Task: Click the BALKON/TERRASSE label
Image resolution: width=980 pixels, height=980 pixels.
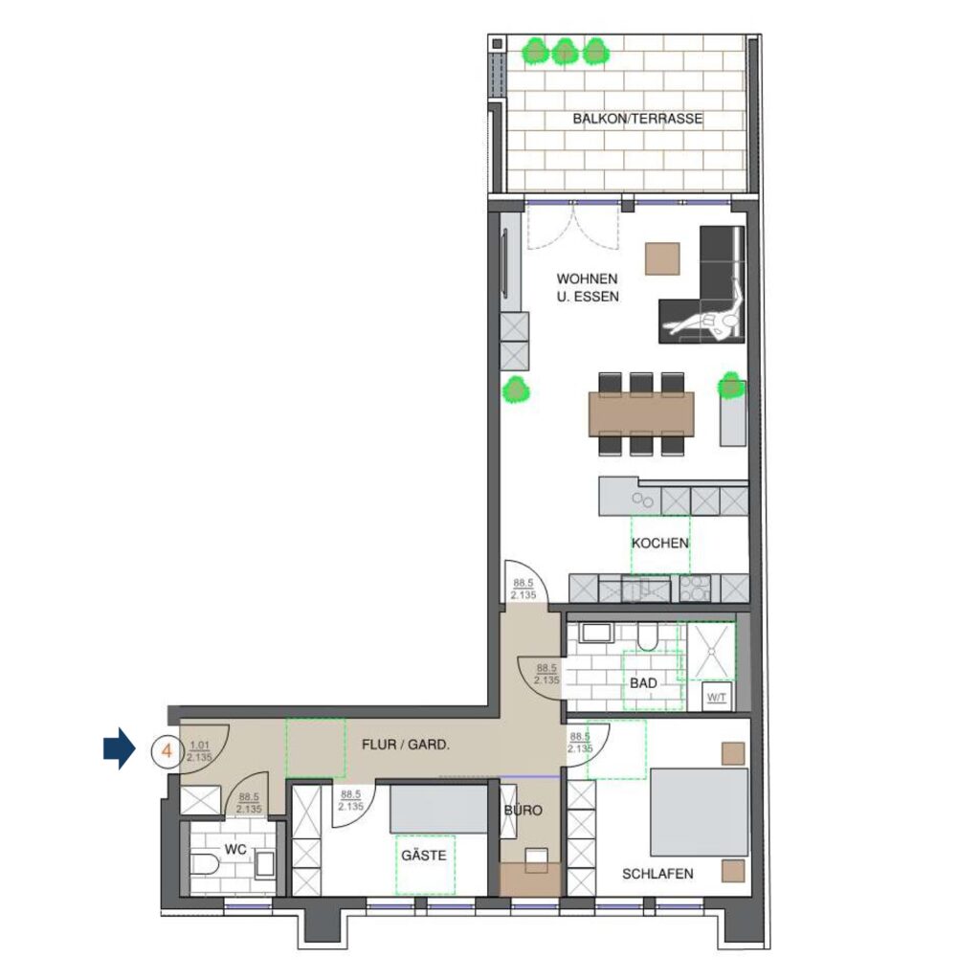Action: coord(637,119)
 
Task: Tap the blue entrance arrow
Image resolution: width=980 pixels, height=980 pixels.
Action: coord(119,748)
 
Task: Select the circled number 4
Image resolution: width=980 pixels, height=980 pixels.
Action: coord(167,750)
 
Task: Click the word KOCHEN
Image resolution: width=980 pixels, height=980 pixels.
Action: coord(660,543)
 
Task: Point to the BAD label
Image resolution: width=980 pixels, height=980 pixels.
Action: coord(643,683)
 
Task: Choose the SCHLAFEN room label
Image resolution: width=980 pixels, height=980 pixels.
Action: coord(657,874)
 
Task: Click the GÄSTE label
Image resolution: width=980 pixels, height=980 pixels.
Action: coord(424,855)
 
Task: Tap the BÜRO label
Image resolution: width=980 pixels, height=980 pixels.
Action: coord(523,810)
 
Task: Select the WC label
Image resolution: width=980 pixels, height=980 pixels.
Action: coord(235,850)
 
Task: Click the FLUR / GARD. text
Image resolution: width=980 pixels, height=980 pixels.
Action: coord(406,745)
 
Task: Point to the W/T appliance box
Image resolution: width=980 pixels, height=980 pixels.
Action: coord(716,698)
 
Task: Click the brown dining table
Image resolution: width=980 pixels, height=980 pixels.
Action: coord(641,413)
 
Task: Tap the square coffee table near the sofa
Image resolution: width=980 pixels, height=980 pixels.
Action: coord(662,257)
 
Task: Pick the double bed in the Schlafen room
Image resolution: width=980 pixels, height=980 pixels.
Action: coord(699,812)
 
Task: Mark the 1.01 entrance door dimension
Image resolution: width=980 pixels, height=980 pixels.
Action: coord(199,745)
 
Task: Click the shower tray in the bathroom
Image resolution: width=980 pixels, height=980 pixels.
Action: coord(711,651)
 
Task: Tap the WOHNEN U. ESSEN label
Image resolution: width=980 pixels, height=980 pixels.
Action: coord(588,287)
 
